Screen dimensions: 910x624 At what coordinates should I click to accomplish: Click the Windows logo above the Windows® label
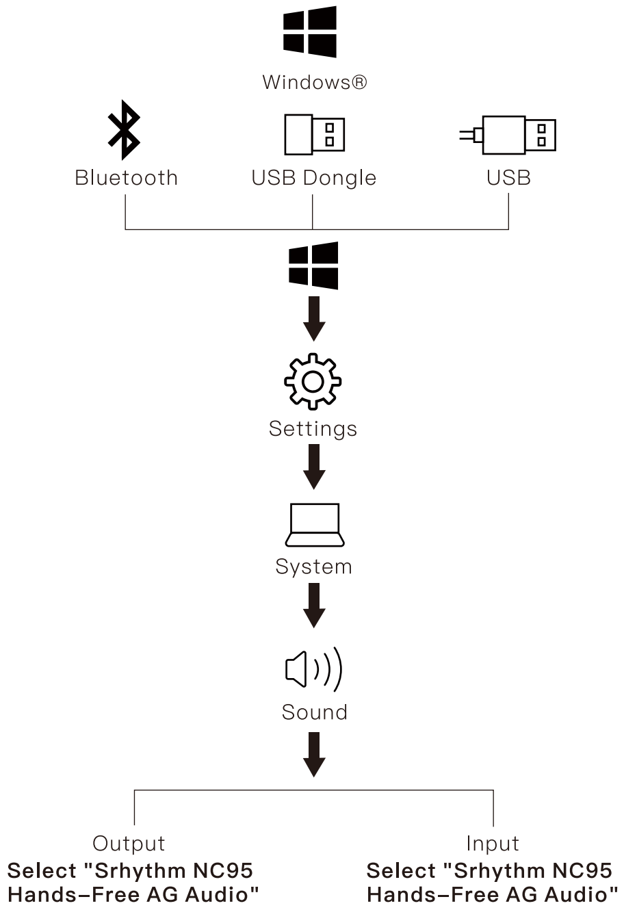coord(310,31)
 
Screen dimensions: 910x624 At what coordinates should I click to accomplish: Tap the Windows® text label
coord(315,83)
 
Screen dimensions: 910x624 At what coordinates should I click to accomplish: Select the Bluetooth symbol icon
coord(124,130)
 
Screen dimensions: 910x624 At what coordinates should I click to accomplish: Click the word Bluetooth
coord(126,178)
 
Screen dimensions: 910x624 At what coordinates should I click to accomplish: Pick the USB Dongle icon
coord(314,134)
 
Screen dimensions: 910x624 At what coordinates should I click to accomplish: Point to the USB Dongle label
coord(313,178)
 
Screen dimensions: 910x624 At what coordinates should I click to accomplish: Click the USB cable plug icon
coord(508,134)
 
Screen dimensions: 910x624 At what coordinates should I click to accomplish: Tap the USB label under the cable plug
coord(508,178)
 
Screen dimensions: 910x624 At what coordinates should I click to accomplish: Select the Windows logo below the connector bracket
coord(313,265)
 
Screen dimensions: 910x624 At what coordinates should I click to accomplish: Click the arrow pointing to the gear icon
coord(313,319)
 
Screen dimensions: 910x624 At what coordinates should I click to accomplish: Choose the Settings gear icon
coord(313,381)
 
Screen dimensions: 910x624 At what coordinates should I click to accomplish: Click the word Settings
coord(313,429)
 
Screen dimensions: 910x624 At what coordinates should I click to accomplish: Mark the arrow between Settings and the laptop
coord(313,467)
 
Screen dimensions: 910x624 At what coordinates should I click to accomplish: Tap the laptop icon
coord(314,525)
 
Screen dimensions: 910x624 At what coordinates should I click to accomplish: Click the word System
coord(313,567)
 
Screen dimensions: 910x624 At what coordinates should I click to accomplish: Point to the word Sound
coord(314,712)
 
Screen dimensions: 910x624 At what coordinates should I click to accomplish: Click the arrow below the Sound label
coord(313,754)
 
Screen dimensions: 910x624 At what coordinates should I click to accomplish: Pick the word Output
coord(129,844)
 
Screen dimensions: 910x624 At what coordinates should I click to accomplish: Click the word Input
coord(493,844)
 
